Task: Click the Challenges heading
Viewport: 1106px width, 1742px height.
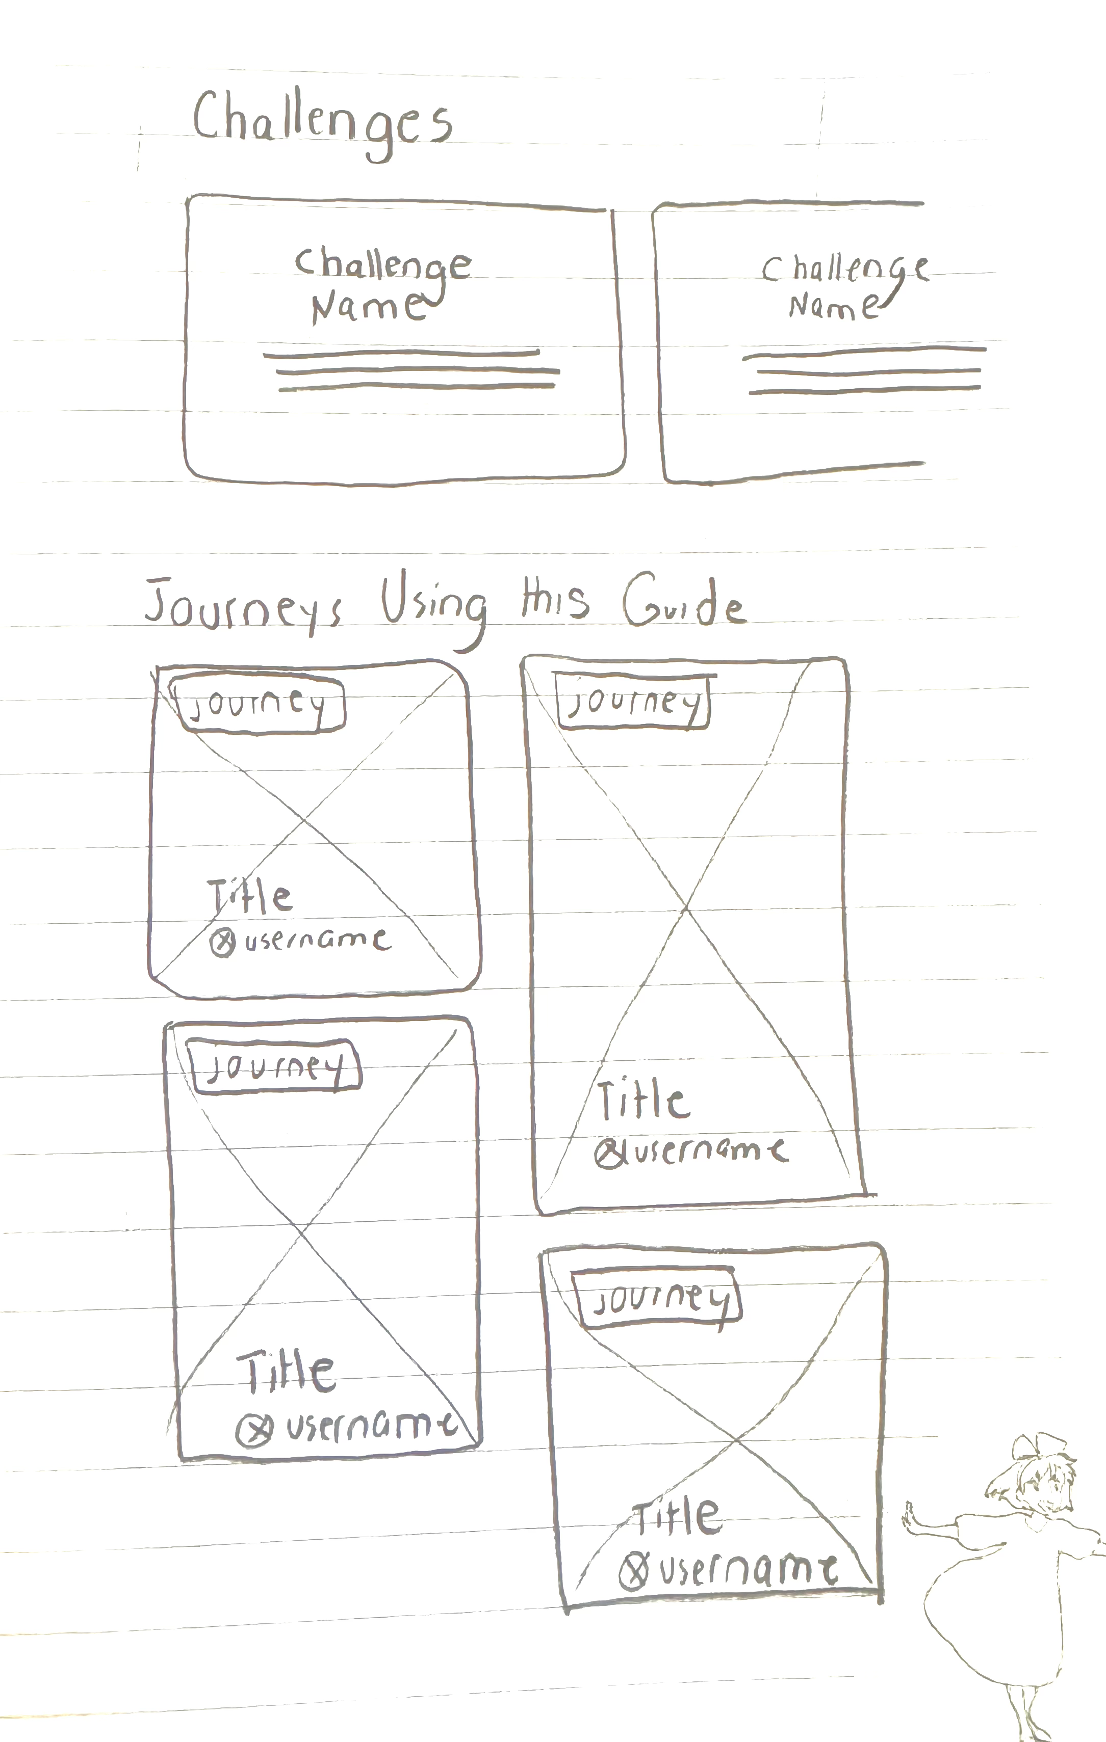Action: (x=322, y=122)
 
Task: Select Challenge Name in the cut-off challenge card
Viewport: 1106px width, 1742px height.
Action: (x=843, y=288)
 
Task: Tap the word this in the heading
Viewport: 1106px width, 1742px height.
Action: (x=554, y=600)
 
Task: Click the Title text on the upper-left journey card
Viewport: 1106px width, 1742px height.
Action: (x=250, y=898)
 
